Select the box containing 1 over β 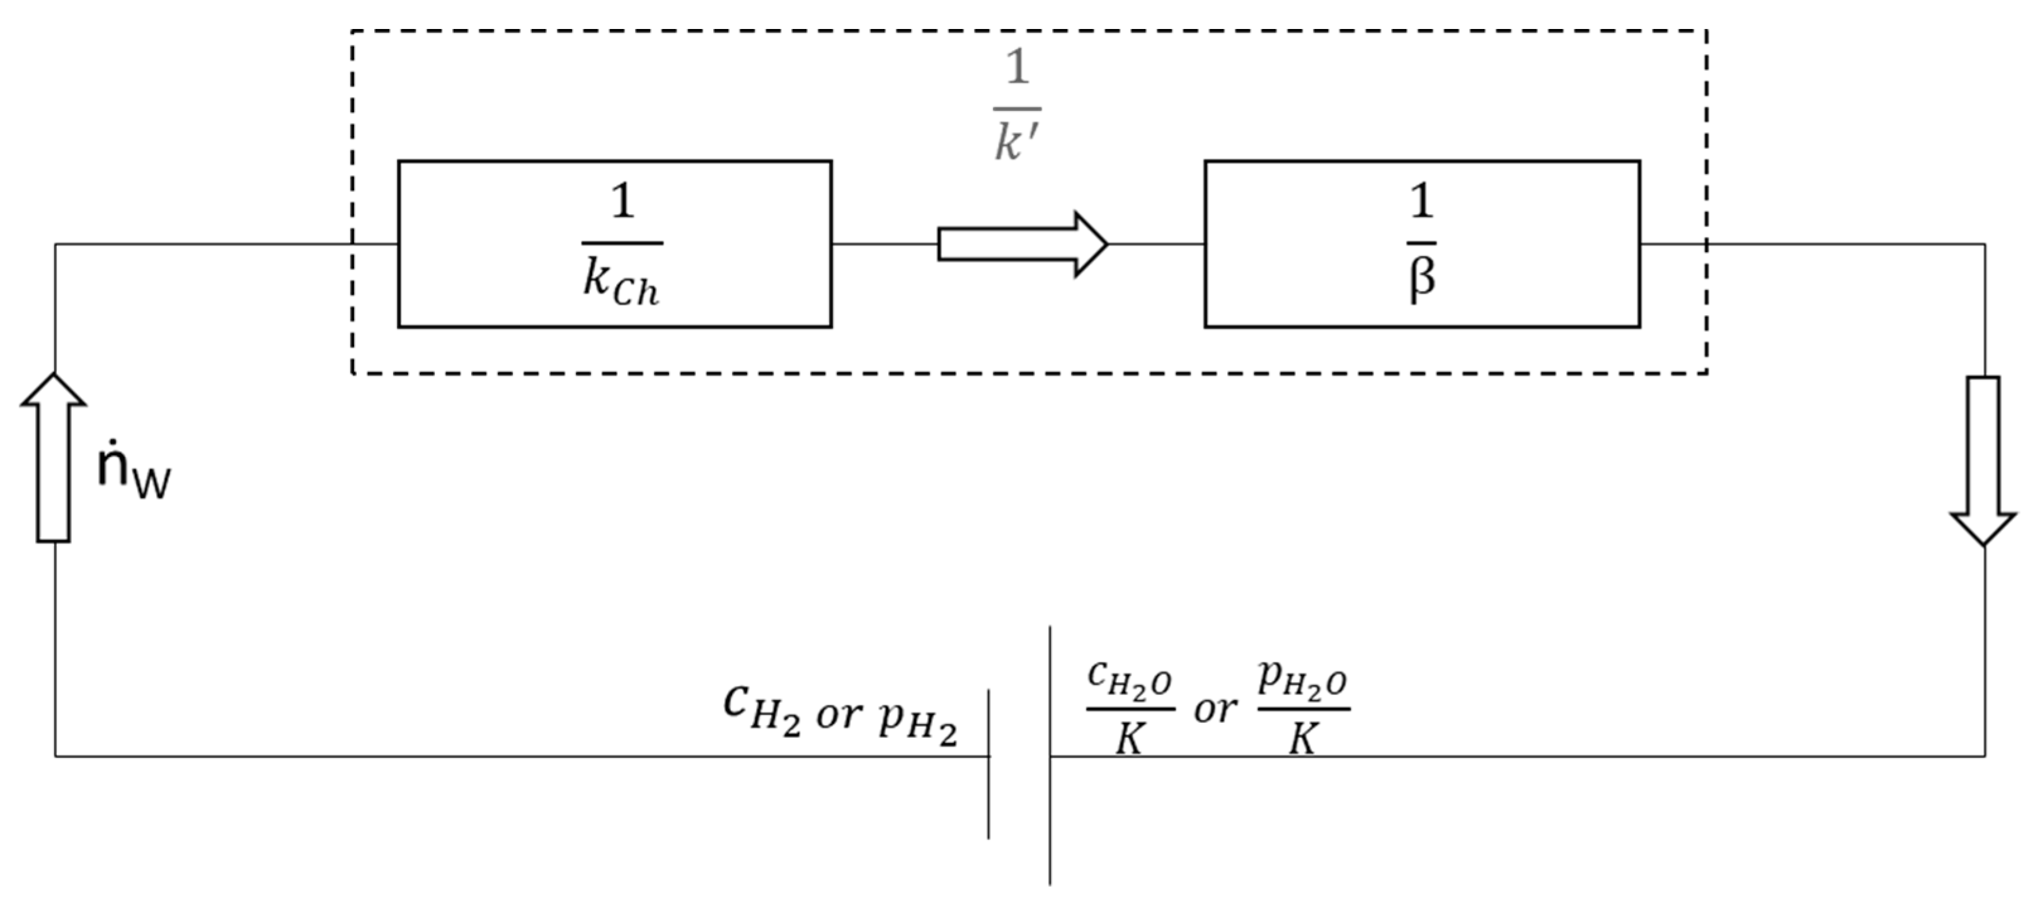[x=1422, y=243]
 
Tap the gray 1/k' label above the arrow [x=1017, y=106]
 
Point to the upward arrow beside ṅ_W [x=53, y=458]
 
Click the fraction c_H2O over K [x=1130, y=707]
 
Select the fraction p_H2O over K [x=1304, y=707]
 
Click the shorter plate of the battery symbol [x=989, y=763]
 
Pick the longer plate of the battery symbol [x=1050, y=755]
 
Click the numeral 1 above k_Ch [x=622, y=202]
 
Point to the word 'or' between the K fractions [x=1215, y=709]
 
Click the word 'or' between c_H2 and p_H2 [x=839, y=715]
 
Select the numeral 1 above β [x=1421, y=201]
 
